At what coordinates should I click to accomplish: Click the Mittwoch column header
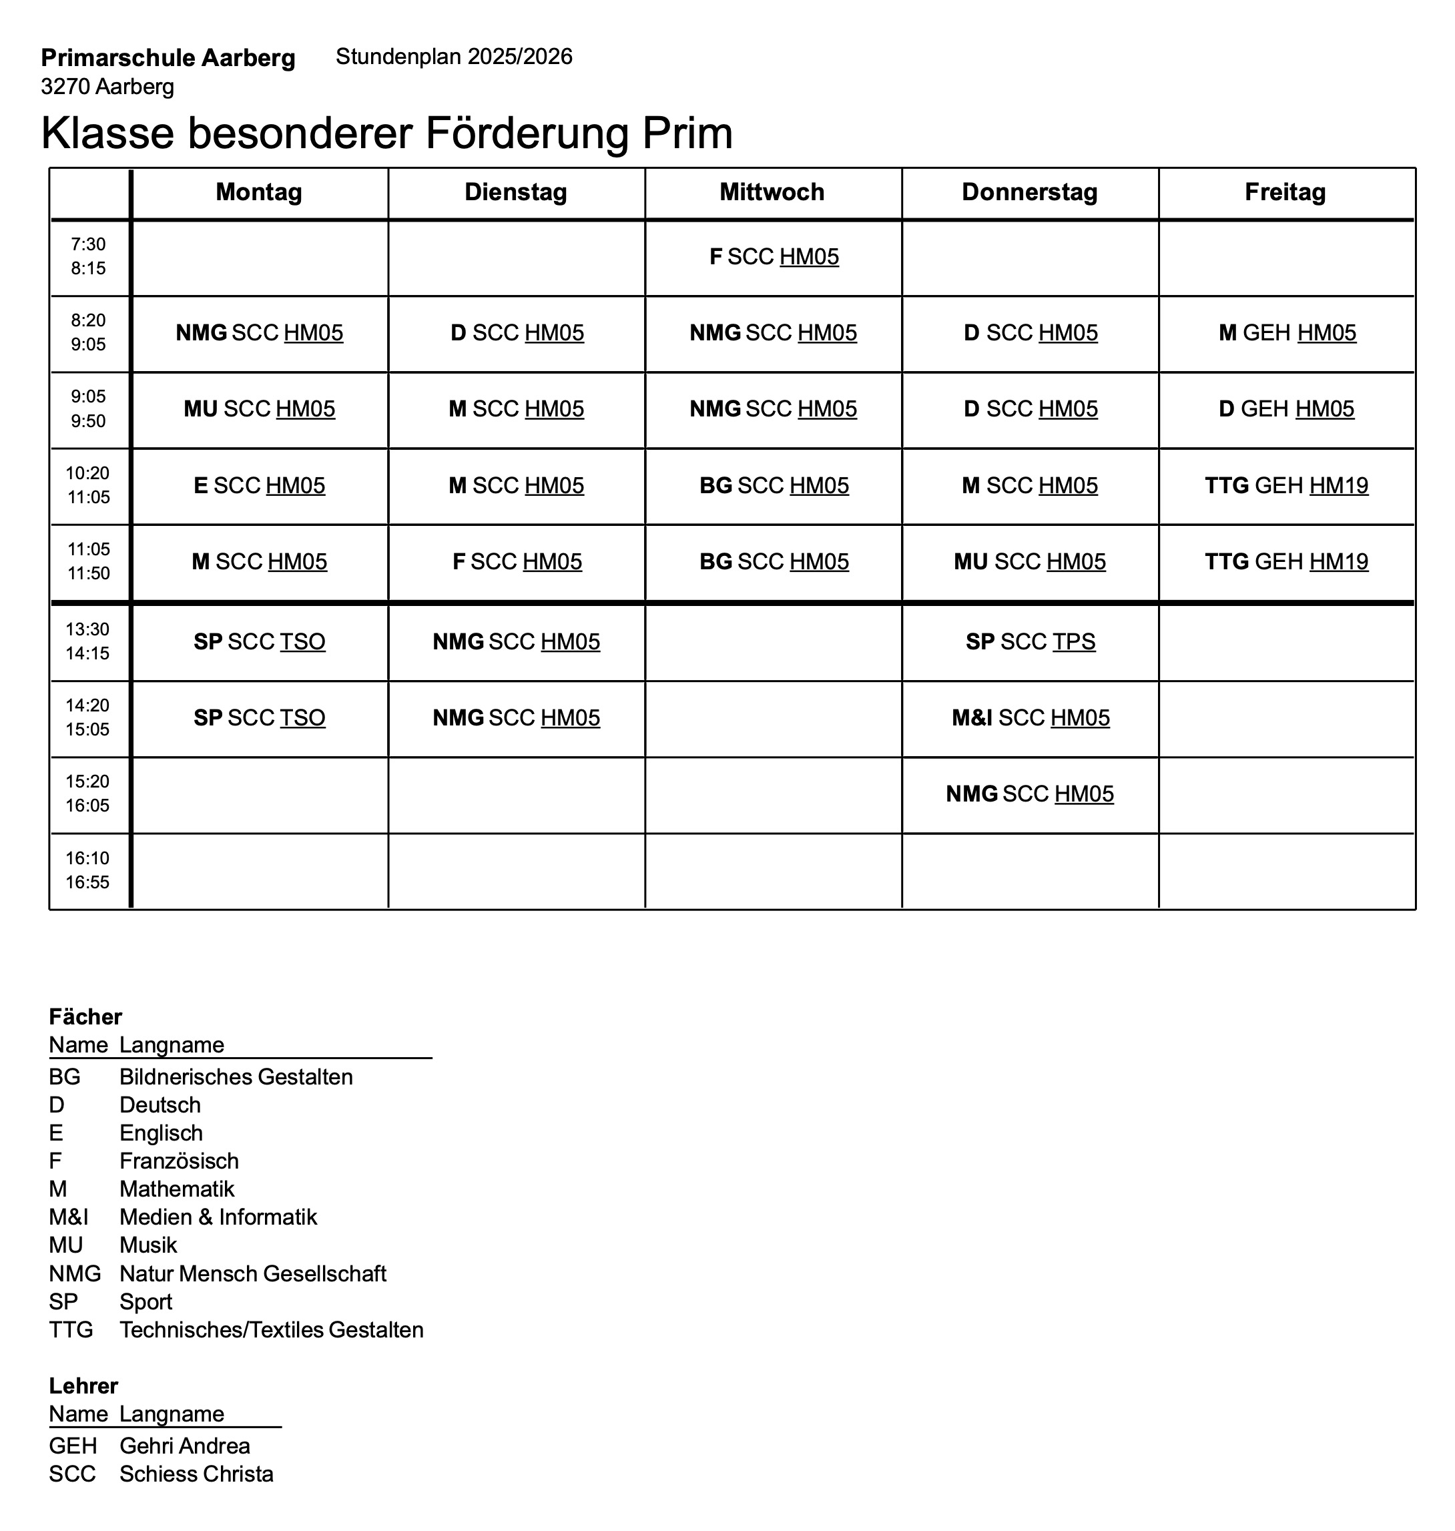click(x=772, y=192)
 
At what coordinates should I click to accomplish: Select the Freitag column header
click(x=1285, y=192)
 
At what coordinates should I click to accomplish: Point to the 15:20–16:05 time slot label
click(x=87, y=794)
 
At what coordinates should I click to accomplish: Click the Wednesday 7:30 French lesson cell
click(x=774, y=257)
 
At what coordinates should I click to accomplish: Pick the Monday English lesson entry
click(x=259, y=485)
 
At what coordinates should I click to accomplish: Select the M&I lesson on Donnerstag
click(x=1030, y=717)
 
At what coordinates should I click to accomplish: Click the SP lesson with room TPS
click(x=1030, y=641)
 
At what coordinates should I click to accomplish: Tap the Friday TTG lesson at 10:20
click(x=1286, y=485)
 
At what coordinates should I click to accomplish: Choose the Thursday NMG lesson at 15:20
click(x=1029, y=794)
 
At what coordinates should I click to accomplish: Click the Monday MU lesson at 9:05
click(x=259, y=408)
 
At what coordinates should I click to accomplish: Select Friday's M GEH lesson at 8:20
click(x=1287, y=333)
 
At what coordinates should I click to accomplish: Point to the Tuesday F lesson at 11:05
click(x=517, y=561)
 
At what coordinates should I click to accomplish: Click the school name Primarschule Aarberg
click(x=168, y=58)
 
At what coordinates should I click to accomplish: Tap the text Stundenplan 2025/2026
click(x=454, y=57)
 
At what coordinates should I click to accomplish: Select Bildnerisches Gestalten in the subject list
click(x=236, y=1077)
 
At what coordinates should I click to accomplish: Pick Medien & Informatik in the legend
click(x=218, y=1217)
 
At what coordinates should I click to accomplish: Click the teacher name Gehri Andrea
click(x=185, y=1446)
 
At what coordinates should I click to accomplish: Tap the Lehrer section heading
click(x=83, y=1386)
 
